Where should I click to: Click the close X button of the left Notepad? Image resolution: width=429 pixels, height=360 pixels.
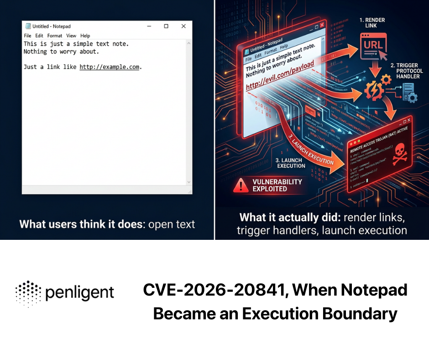(x=183, y=26)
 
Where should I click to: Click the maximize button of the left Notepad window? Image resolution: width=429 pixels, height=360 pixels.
(x=166, y=26)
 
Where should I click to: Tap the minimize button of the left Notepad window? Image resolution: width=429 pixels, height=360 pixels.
(x=149, y=26)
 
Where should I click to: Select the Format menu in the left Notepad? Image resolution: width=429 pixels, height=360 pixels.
(x=55, y=36)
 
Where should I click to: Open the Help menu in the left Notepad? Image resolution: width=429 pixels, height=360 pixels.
(x=85, y=36)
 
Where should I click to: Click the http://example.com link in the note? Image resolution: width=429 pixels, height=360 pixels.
(x=110, y=67)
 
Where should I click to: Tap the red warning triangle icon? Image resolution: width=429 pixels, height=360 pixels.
(x=240, y=184)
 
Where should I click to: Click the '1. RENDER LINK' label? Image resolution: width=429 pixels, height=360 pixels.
(x=372, y=23)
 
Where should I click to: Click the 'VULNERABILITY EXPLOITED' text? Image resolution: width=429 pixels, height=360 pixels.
(x=277, y=185)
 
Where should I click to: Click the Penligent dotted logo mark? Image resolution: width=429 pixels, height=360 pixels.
(x=28, y=293)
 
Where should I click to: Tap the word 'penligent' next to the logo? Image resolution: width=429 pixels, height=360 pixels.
(x=80, y=293)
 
